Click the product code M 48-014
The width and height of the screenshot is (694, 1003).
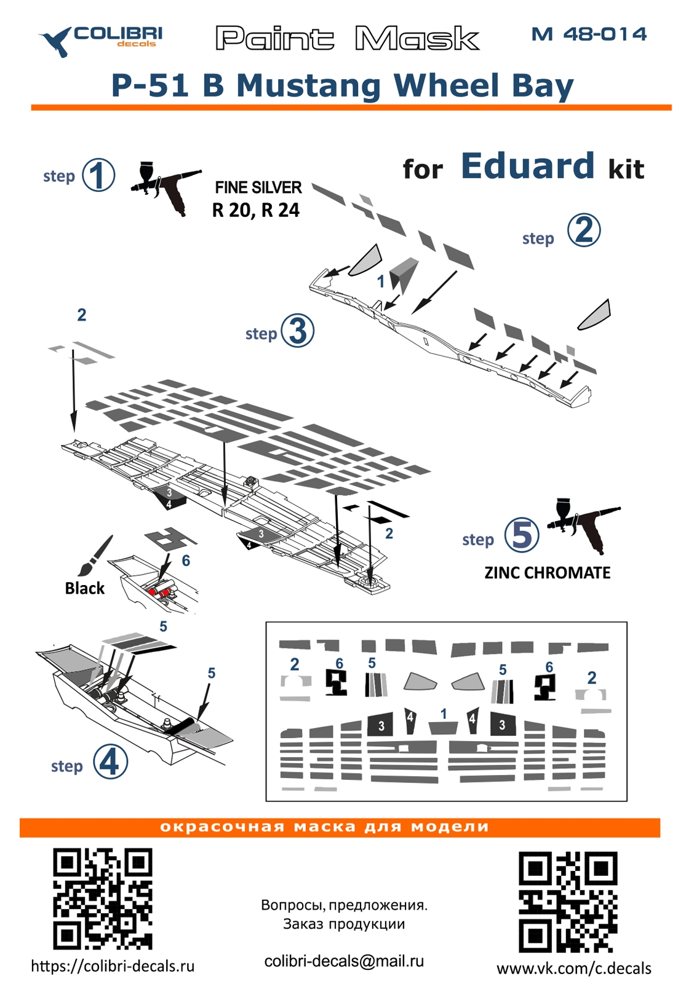589,34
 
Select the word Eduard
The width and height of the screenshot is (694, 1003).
527,166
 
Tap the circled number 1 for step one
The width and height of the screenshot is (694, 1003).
98,175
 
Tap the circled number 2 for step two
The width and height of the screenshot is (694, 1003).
583,230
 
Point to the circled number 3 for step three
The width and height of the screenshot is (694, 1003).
298,331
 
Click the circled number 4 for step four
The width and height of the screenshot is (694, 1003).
111,762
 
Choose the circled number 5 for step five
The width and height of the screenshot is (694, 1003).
522,535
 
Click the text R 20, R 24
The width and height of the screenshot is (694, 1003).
256,210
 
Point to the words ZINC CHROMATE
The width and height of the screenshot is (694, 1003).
547,573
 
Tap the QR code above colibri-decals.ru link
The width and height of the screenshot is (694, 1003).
102,899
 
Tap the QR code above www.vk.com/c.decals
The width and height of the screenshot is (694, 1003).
567,902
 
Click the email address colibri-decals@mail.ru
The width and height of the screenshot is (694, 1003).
344,961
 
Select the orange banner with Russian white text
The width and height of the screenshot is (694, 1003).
340,827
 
